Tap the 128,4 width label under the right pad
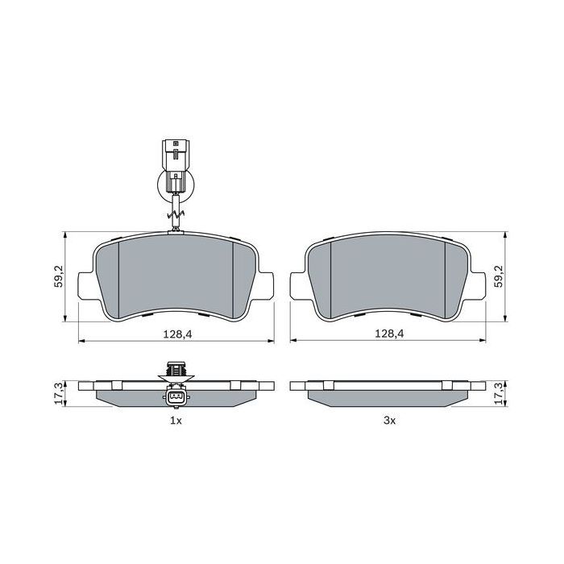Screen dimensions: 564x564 pos(389,333)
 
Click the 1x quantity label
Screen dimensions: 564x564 pos(176,421)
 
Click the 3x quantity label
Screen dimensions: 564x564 pos(389,421)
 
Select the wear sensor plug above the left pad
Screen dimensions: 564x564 pos(174,165)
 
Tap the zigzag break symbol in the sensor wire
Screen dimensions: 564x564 pos(175,215)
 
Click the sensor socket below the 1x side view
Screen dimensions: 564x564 pos(175,398)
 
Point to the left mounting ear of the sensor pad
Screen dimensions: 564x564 pos(84,284)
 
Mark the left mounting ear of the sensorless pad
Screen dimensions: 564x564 pos(297,284)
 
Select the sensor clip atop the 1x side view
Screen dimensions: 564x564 pos(175,369)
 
